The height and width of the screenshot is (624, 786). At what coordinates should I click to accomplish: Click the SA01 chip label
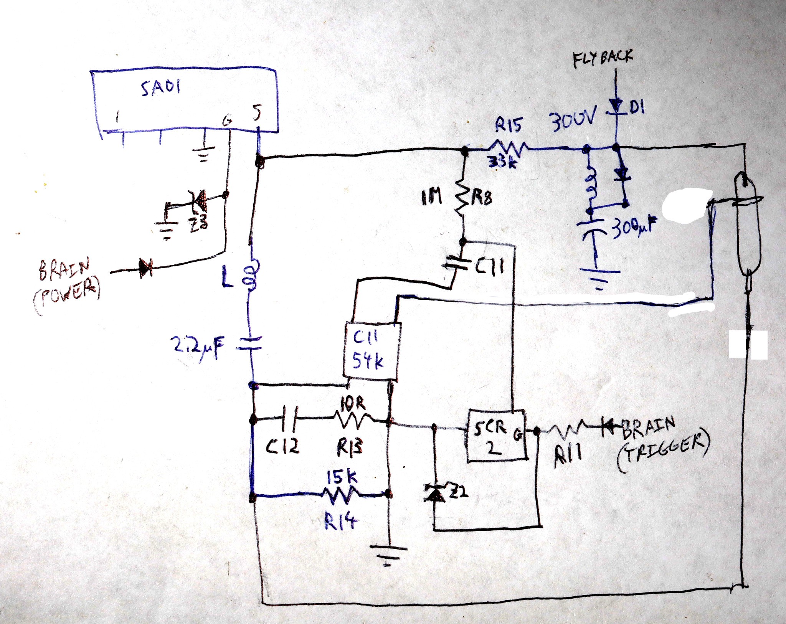160,88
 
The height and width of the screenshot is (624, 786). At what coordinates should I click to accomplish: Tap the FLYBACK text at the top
603,59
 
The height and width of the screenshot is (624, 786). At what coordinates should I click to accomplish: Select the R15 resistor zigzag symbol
509,148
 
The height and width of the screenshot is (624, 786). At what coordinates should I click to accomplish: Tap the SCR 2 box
496,436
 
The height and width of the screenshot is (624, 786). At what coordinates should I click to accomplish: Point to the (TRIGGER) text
663,453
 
